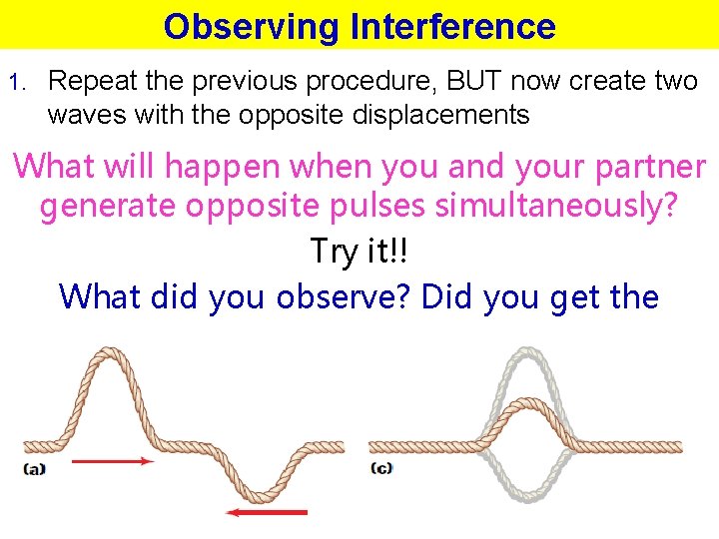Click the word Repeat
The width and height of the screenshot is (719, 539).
pos(93,81)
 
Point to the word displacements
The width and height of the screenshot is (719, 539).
pos(439,115)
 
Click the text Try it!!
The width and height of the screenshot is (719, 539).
pos(359,252)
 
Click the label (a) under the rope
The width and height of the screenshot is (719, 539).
pos(35,468)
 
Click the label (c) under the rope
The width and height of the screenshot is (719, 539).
pos(380,468)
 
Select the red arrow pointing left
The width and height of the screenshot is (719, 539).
pos(267,512)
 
